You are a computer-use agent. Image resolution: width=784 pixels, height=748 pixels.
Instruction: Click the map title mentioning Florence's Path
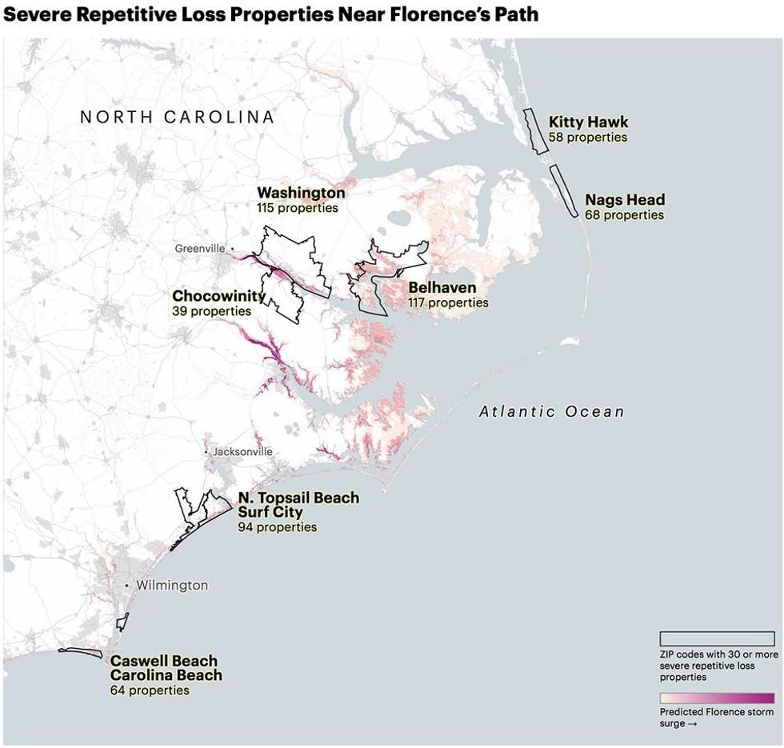point(270,14)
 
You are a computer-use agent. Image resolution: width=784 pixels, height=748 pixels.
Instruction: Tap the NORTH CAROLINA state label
point(177,118)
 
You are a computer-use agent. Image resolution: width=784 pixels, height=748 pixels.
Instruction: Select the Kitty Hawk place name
point(588,122)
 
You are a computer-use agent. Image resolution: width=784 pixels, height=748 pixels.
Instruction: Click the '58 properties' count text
point(588,137)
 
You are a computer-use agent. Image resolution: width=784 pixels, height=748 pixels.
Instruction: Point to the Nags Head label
point(624,200)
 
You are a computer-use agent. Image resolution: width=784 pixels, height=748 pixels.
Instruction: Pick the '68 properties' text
point(624,214)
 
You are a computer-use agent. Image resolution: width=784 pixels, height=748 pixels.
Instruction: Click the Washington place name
point(301,193)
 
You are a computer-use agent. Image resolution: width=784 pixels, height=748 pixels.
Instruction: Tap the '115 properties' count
point(297,208)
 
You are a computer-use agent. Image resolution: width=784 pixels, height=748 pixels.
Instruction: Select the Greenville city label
point(200,249)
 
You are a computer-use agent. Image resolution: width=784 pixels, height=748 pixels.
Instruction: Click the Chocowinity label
point(218,296)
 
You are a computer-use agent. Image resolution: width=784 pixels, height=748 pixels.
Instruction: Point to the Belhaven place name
point(442,288)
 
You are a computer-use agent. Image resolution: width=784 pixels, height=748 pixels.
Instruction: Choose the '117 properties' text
point(448,302)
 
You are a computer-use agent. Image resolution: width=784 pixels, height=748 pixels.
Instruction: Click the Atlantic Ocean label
point(551,412)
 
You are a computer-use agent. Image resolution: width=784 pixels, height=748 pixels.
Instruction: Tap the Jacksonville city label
point(242,452)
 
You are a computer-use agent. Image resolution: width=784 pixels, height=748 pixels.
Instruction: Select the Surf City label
point(270,512)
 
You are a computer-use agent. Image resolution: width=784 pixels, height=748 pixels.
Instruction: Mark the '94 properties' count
point(277,527)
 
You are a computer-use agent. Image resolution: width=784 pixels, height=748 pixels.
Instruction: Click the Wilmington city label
point(171,586)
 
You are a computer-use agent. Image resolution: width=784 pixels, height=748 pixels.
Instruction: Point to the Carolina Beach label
point(166,675)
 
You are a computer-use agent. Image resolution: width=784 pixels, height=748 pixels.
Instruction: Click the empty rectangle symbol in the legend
point(716,638)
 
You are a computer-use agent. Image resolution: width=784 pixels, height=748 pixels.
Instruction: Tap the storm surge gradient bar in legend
point(716,698)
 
